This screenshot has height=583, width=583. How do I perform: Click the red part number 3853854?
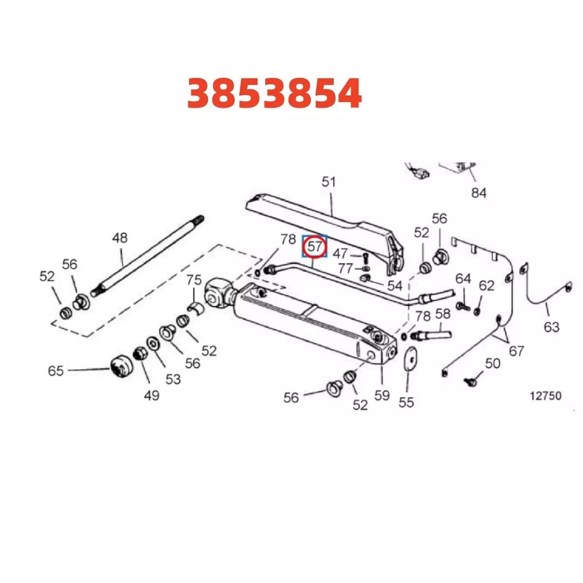tap(274, 94)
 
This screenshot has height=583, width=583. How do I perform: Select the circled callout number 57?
tap(315, 247)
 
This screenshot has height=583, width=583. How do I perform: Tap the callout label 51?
tap(328, 182)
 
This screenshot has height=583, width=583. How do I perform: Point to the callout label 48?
tap(120, 238)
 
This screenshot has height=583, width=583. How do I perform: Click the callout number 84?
tap(479, 193)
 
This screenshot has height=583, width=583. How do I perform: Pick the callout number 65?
tap(56, 370)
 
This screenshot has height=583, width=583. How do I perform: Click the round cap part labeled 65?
tap(121, 367)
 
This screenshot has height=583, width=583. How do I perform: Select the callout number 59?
tap(382, 395)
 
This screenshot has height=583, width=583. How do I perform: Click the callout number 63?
tap(551, 326)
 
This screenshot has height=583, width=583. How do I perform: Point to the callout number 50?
tap(492, 364)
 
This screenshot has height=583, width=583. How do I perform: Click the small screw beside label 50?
tap(470, 380)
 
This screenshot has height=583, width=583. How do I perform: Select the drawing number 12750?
tap(545, 396)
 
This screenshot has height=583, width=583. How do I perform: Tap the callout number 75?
tap(194, 280)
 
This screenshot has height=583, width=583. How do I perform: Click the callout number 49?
tap(151, 395)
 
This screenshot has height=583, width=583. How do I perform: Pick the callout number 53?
tap(173, 379)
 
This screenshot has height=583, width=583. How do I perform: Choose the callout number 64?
tap(463, 278)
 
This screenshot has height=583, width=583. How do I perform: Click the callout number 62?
tap(486, 285)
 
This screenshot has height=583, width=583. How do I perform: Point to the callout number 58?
tap(443, 313)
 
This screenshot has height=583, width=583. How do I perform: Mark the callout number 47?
tap(340, 253)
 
